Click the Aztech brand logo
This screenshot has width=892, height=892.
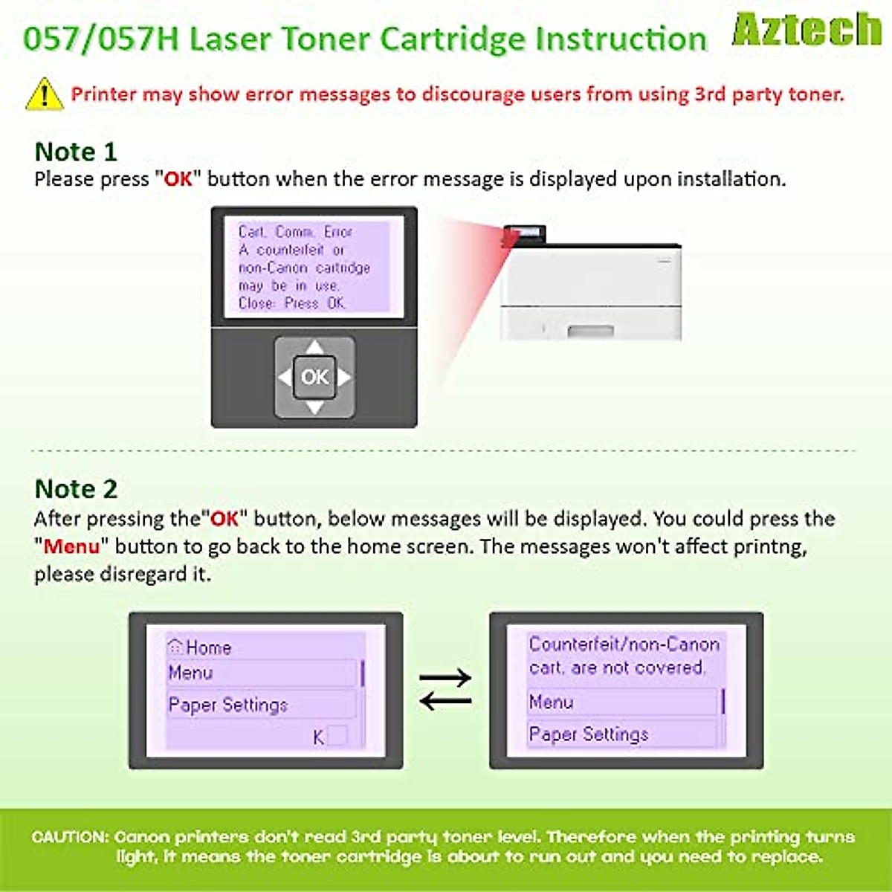[807, 30]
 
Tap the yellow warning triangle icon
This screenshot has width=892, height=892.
[45, 94]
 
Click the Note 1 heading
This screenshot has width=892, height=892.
[76, 152]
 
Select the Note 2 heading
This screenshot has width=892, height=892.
[76, 489]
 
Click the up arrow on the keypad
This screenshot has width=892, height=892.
[314, 347]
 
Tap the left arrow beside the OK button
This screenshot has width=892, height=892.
[285, 377]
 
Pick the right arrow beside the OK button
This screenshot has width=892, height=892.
[344, 377]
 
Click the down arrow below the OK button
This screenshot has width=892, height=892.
[314, 407]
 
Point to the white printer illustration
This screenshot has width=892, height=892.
[591, 286]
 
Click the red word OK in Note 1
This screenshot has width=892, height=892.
[178, 179]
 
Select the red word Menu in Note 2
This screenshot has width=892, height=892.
[71, 546]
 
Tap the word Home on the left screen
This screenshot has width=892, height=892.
[208, 647]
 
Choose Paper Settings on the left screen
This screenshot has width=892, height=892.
[228, 705]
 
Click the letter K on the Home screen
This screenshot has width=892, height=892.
[319, 737]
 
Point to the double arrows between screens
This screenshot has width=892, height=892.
[445, 689]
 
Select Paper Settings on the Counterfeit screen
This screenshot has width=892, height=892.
[589, 734]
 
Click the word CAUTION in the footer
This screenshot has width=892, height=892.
[70, 837]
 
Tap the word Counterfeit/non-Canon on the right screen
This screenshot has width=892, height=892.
[624, 644]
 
